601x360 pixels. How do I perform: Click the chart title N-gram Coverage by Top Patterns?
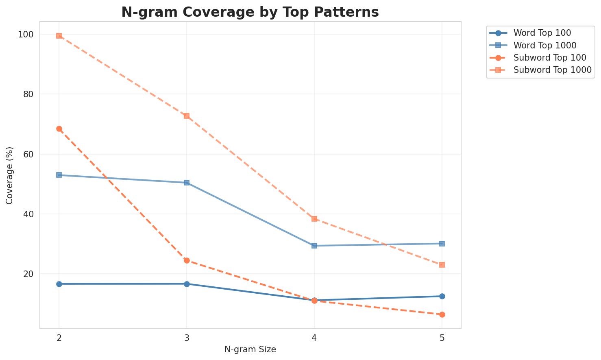point(250,12)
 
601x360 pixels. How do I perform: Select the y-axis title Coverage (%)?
point(9,175)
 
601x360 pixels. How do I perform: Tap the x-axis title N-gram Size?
point(250,349)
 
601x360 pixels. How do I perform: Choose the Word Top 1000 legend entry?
point(545,45)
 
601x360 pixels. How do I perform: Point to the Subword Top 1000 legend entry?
point(552,70)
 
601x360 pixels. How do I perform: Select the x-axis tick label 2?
point(59,337)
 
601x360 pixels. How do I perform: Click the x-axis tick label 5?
point(442,337)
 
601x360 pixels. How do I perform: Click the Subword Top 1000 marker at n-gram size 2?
point(59,36)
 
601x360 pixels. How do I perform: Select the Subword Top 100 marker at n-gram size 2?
point(59,129)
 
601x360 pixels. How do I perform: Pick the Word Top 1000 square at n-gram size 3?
point(187,183)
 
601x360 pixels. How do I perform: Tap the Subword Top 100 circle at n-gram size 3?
point(187,260)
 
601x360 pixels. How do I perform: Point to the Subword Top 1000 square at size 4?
point(314,219)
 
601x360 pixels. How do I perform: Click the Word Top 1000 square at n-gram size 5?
point(442,244)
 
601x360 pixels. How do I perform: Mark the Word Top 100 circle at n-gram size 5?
point(442,296)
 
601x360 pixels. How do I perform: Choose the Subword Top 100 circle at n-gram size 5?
point(442,314)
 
